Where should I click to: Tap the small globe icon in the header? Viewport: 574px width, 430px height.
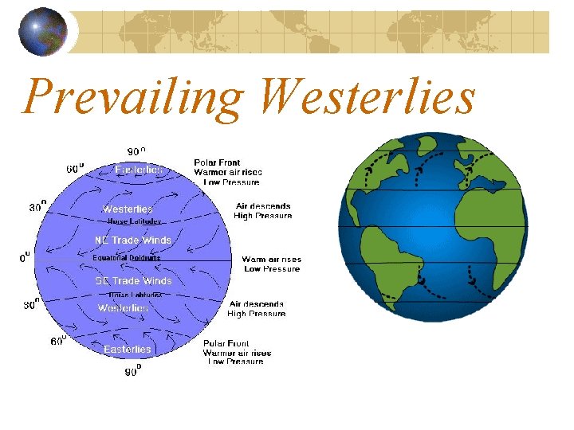coord(43,33)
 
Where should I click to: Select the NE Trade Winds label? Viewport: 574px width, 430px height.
coord(133,240)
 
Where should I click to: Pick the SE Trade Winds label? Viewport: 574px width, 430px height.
coord(133,281)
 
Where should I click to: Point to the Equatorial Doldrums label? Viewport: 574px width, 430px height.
coord(126,258)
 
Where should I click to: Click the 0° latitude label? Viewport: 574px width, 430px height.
coord(26,256)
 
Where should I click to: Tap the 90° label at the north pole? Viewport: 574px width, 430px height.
coord(137,151)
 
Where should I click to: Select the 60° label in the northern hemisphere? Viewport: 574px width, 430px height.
coord(75,168)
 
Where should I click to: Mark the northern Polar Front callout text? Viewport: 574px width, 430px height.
coord(227,172)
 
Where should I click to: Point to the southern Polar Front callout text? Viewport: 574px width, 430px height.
coord(237,352)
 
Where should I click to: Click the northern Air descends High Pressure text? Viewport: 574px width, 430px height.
coord(263,211)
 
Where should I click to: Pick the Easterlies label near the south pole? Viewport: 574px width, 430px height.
coord(127,350)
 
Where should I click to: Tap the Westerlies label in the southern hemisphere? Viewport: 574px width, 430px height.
coord(123,307)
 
